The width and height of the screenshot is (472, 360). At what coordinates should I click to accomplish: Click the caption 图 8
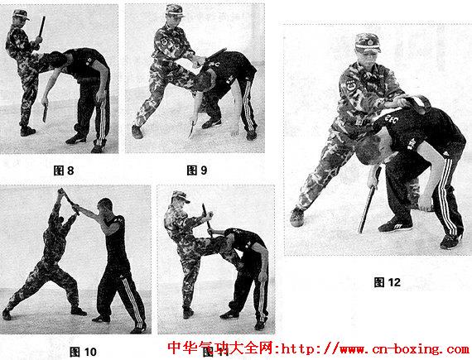click(64, 170)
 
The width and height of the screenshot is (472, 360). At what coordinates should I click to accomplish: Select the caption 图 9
click(197, 170)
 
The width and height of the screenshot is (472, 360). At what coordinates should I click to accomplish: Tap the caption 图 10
click(83, 352)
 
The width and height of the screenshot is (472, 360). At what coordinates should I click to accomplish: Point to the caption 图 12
click(387, 282)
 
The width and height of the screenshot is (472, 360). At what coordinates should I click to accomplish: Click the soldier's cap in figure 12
click(367, 43)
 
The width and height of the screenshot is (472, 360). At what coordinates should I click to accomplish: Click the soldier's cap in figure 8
click(21, 14)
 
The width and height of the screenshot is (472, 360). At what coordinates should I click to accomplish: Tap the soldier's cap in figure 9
click(175, 10)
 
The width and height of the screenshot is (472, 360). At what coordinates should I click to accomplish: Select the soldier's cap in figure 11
click(180, 197)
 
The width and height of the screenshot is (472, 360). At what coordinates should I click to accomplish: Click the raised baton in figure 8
click(42, 27)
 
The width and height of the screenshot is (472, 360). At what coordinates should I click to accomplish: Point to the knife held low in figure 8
click(46, 113)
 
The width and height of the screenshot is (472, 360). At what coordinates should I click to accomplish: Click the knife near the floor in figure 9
click(191, 129)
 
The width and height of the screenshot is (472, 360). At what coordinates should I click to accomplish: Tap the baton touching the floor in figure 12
click(369, 200)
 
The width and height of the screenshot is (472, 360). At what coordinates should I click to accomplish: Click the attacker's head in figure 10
click(105, 206)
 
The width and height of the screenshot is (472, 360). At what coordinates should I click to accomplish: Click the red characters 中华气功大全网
click(220, 348)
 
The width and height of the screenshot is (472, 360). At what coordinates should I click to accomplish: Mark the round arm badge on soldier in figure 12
click(351, 86)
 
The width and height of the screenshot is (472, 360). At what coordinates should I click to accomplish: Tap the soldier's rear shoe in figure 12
click(296, 217)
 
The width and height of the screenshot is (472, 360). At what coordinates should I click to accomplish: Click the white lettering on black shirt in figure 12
click(392, 119)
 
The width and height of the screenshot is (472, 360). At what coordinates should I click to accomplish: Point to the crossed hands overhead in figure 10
click(64, 195)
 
